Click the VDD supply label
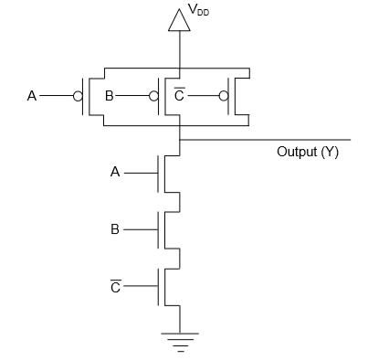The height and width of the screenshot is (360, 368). pyautogui.click(x=199, y=9)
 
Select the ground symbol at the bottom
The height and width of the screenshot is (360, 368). pyautogui.click(x=180, y=343)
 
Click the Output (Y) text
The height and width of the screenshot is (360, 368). pyautogui.click(x=308, y=152)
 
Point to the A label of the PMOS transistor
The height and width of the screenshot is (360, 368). pyautogui.click(x=32, y=96)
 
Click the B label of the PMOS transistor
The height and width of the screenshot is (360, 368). pyautogui.click(x=109, y=96)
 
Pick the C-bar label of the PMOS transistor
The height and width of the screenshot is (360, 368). pyautogui.click(x=179, y=94)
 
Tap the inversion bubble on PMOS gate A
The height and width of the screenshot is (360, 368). pyautogui.click(x=78, y=96)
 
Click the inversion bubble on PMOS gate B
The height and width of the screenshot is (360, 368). pyautogui.click(x=153, y=96)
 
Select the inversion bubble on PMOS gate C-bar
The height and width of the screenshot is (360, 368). pyautogui.click(x=224, y=96)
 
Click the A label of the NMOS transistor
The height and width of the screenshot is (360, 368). pyautogui.click(x=115, y=173)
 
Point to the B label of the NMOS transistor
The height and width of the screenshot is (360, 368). pyautogui.click(x=115, y=229)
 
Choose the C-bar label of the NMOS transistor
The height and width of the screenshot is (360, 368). pyautogui.click(x=116, y=286)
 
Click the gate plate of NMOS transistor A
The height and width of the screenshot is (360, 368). pyautogui.click(x=158, y=174)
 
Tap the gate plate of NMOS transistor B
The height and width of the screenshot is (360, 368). pyautogui.click(x=158, y=230)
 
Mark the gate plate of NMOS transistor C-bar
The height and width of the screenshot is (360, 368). pyautogui.click(x=158, y=287)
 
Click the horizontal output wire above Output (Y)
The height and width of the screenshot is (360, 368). pyautogui.click(x=265, y=140)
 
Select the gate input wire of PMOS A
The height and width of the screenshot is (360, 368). pyautogui.click(x=57, y=96)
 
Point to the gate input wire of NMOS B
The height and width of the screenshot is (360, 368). pyautogui.click(x=141, y=229)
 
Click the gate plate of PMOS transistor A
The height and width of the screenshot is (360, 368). pyautogui.click(x=83, y=96)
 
